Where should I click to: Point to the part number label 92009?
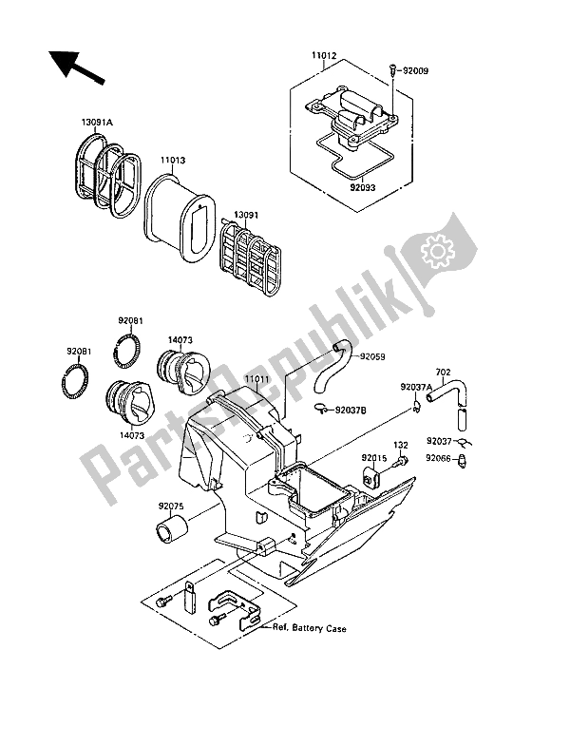click(416, 68)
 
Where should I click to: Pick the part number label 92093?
click(364, 189)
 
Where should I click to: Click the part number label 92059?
click(373, 357)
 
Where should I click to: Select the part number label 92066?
click(439, 457)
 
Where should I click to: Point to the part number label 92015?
click(373, 458)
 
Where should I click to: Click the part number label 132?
click(401, 444)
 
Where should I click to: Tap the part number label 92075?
click(172, 493)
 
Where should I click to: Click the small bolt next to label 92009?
click(391, 68)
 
